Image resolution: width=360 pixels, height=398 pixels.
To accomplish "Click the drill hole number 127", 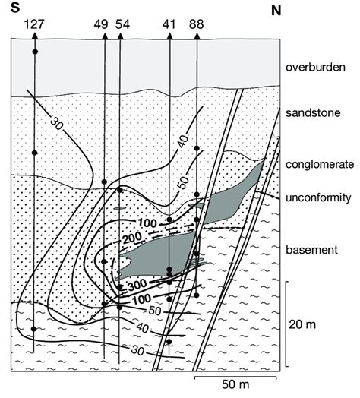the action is click(x=34, y=24).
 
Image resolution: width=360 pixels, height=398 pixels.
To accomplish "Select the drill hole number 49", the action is click(x=101, y=24).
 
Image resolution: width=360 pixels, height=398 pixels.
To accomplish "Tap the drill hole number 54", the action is click(x=122, y=24).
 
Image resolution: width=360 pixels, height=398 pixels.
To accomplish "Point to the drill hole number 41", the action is click(x=169, y=24).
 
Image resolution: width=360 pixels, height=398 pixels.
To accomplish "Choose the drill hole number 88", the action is click(x=196, y=24).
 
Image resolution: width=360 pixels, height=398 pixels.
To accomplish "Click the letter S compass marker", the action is click(x=15, y=8).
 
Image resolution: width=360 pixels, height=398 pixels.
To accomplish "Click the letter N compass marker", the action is click(x=276, y=11).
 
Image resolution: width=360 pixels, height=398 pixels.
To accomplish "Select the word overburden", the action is click(x=315, y=68).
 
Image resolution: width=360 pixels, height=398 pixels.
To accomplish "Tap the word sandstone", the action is click(x=313, y=112).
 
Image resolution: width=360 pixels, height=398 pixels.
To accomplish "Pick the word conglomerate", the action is click(x=320, y=165).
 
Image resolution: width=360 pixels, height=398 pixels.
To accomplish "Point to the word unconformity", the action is click(x=318, y=197).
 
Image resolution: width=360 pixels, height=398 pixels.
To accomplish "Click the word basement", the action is click(x=311, y=250).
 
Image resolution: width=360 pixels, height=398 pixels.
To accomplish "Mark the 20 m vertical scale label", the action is click(x=302, y=324).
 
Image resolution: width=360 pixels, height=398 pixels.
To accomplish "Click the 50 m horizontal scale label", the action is click(x=235, y=384).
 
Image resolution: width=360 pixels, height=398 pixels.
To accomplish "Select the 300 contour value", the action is click(x=137, y=286).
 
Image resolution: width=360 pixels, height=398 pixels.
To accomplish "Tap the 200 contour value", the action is click(x=132, y=238).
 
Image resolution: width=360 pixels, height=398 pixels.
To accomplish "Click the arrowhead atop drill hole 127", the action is click(x=35, y=36).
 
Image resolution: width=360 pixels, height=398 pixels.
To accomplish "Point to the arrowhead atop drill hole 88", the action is click(x=197, y=36).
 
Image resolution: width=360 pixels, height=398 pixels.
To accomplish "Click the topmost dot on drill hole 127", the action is click(x=35, y=52).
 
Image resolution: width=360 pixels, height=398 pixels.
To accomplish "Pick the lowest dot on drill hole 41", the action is click(x=169, y=342).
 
